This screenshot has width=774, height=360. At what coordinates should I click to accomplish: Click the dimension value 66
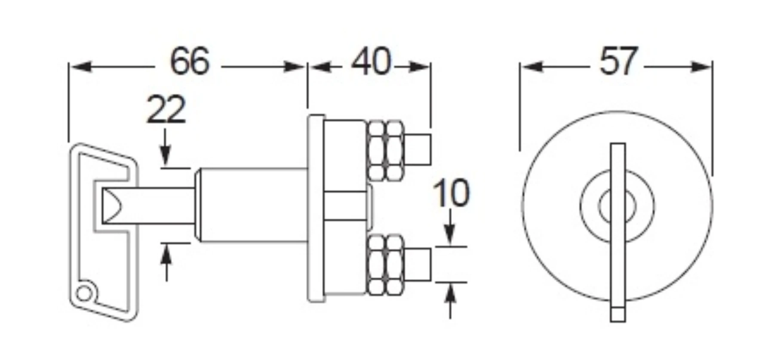(x=190, y=62)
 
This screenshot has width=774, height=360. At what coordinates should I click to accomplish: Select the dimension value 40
(x=371, y=62)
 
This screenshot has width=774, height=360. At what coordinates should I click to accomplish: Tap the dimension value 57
(x=617, y=62)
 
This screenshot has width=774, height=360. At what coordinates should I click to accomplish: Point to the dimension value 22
(x=166, y=110)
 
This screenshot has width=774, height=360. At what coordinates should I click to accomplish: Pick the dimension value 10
(x=451, y=193)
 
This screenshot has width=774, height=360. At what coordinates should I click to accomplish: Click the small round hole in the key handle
(x=84, y=294)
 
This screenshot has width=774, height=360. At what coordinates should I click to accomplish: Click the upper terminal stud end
(x=418, y=149)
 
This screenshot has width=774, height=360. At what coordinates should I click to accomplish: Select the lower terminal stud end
(x=418, y=264)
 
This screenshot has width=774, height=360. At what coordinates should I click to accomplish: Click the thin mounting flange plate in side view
(x=316, y=209)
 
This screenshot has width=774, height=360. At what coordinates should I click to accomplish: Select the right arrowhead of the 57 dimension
(x=701, y=67)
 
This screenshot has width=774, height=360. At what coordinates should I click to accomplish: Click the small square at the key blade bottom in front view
(x=617, y=315)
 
